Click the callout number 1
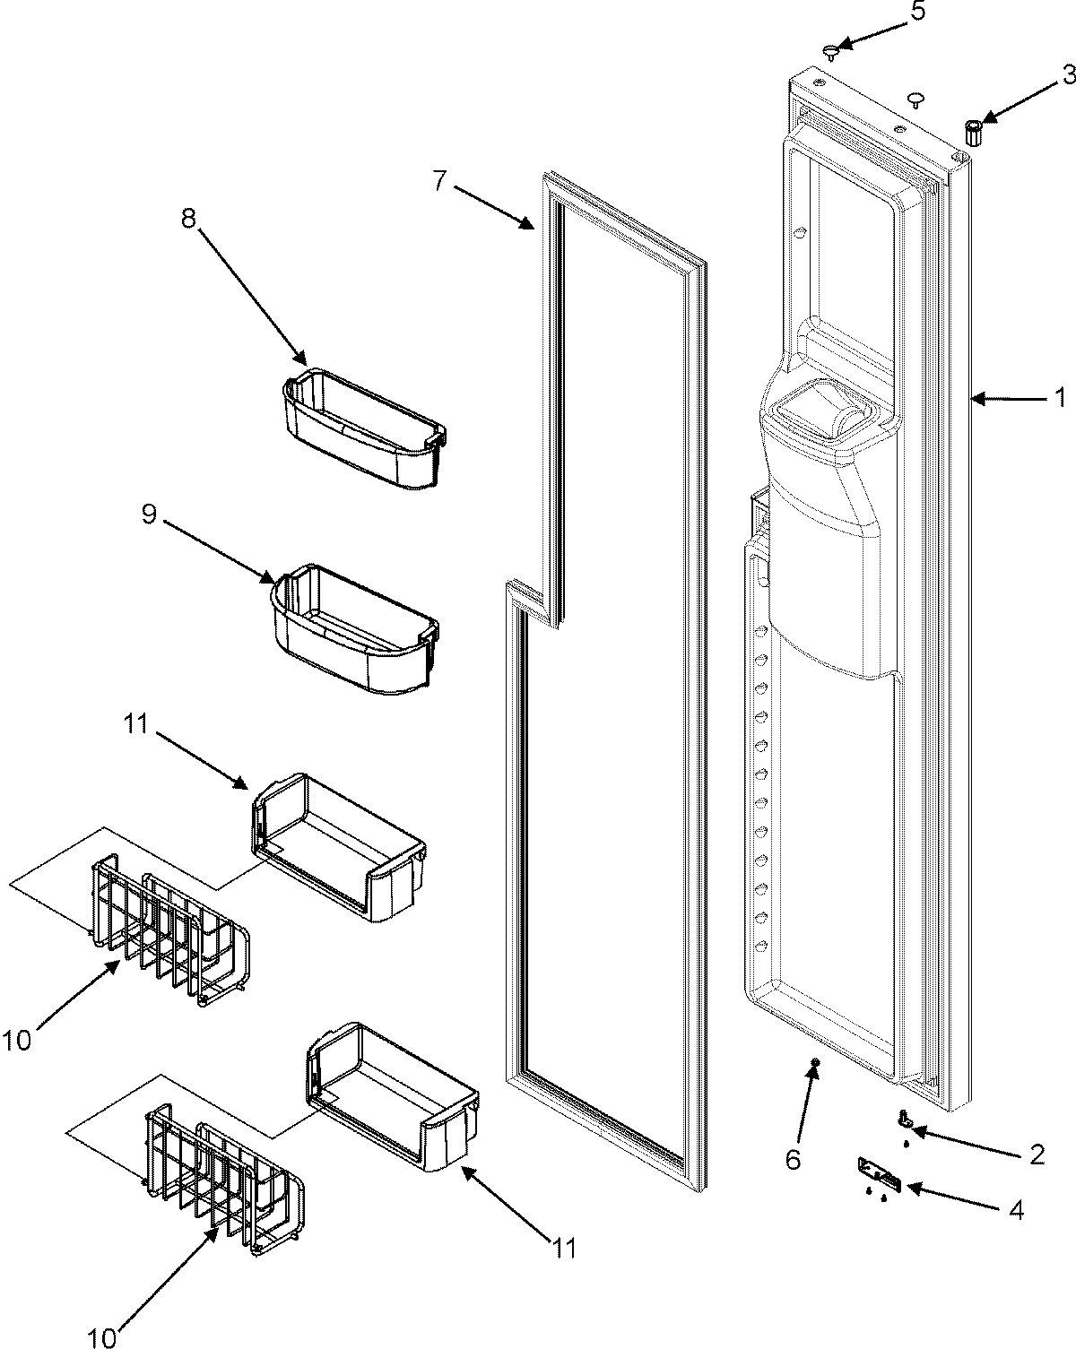(1059, 395)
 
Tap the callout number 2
(1037, 1154)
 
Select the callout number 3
(1069, 76)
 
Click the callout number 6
(793, 1160)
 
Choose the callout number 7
(438, 181)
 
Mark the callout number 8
(188, 195)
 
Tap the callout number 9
(151, 514)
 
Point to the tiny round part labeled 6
(815, 1063)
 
